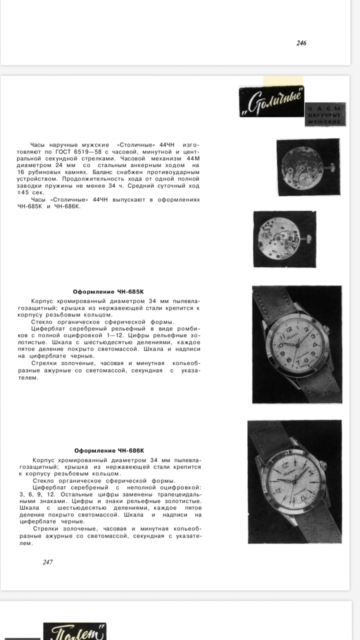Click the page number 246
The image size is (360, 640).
[x=301, y=43]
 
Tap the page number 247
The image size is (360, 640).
[x=47, y=562]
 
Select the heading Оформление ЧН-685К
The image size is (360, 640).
[x=108, y=292]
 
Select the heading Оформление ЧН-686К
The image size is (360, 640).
[x=109, y=450]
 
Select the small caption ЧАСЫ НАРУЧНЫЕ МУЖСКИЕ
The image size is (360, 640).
[x=323, y=115]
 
